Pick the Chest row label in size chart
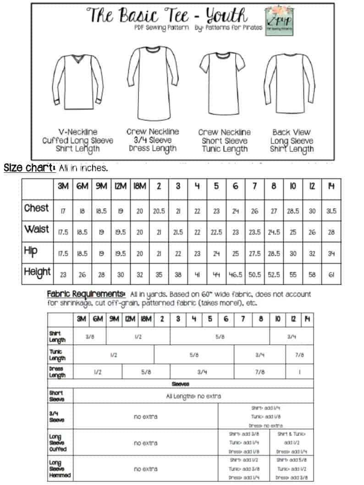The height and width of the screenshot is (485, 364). (x=36, y=208)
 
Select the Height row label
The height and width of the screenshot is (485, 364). (x=38, y=273)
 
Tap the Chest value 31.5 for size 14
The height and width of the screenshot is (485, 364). (x=331, y=211)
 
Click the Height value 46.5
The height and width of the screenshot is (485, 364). (x=235, y=275)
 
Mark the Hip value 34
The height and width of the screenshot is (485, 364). (x=331, y=254)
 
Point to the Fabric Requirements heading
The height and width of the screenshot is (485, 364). (x=86, y=294)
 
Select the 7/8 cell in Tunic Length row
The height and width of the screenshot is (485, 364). (x=299, y=355)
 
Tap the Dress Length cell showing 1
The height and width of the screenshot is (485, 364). (x=299, y=372)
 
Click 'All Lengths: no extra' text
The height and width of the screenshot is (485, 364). (x=193, y=396)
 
